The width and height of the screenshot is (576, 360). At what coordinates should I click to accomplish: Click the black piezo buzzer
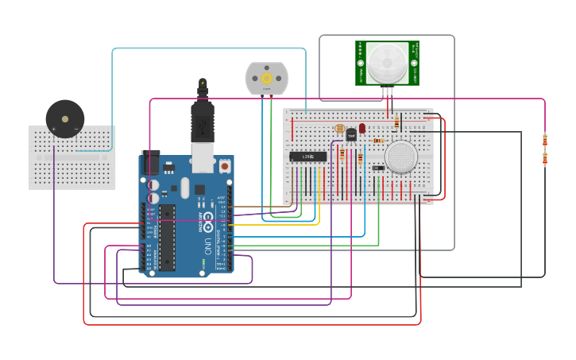tap(64, 119)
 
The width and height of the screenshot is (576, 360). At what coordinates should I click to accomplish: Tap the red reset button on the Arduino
tap(225, 166)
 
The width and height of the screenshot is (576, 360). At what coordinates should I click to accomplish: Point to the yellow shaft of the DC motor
tap(266, 79)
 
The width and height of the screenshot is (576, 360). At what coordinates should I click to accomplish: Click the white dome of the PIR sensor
tap(387, 62)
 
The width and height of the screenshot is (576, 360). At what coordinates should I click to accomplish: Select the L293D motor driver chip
tap(307, 157)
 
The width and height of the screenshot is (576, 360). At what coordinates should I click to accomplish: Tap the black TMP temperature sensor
tap(351, 135)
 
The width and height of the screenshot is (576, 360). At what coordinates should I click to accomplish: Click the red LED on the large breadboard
tap(362, 128)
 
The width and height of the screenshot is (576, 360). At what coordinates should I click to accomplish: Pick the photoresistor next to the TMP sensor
tap(340, 128)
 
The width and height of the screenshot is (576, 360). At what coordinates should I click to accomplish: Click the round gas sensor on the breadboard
tap(400, 157)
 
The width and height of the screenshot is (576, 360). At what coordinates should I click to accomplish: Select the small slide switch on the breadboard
tap(378, 168)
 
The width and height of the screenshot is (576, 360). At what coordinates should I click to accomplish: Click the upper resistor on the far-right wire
tap(545, 140)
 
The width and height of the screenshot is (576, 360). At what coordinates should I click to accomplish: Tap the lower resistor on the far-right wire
tap(545, 158)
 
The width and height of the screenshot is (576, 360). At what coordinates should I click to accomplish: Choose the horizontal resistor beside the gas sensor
tap(379, 141)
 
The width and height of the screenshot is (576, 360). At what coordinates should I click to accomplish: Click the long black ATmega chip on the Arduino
tap(167, 237)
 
